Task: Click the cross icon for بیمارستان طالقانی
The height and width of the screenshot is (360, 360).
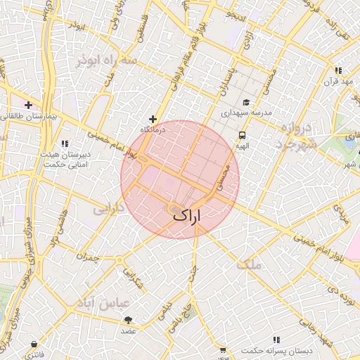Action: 27,105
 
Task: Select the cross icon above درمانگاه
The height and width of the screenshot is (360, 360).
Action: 153,119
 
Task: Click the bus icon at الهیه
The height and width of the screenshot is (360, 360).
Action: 242,135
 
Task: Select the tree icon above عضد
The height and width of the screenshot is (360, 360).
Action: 127,320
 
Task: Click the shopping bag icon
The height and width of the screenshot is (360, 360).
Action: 34,344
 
